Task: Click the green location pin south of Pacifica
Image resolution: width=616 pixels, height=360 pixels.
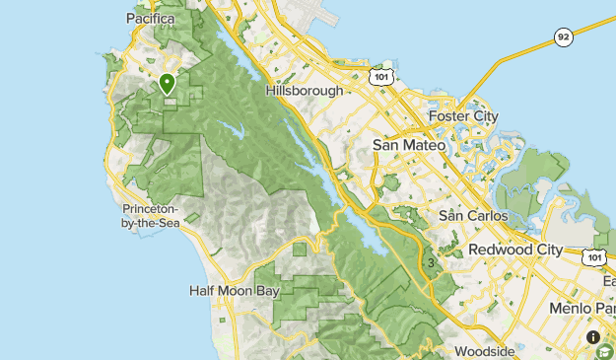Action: pos(168,84)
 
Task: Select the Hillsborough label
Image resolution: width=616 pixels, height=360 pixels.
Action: pos(305,91)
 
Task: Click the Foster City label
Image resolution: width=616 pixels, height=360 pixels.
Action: pos(464,116)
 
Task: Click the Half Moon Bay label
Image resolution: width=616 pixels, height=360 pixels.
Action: pos(235,291)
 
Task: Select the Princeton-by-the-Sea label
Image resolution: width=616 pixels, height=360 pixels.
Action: pos(150,216)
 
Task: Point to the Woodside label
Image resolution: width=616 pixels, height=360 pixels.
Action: pos(484,351)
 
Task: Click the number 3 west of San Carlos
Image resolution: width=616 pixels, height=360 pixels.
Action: pos(431,263)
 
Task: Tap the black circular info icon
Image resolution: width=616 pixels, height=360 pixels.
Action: pos(593,337)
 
